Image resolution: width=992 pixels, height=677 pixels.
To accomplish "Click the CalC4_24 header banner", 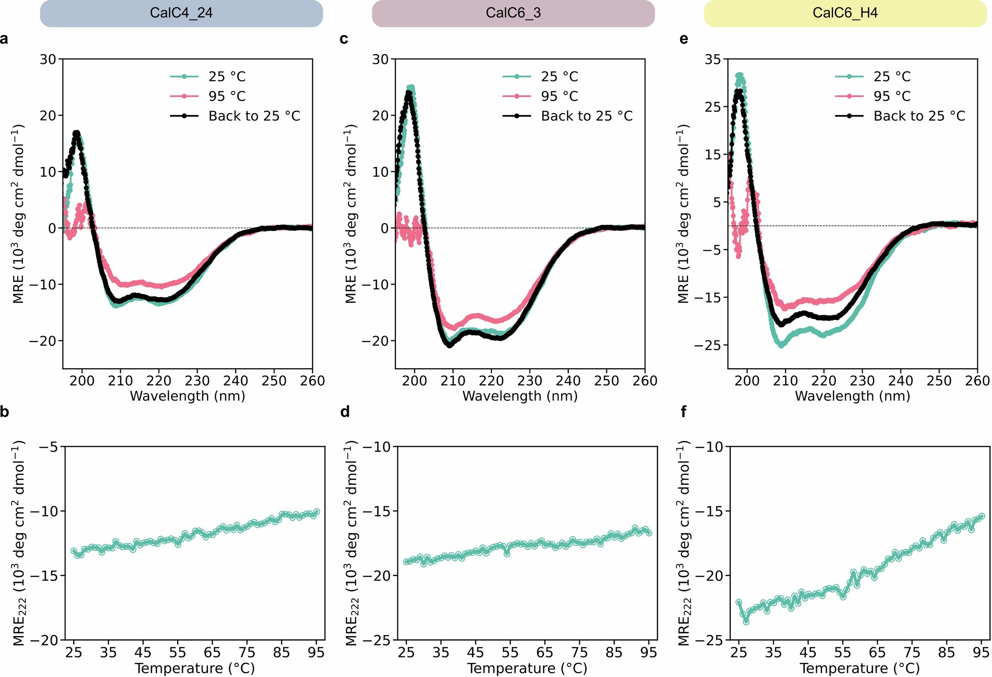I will pyautogui.click(x=181, y=13).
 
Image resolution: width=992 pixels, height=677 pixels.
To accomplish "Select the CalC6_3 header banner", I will pyautogui.click(x=513, y=13).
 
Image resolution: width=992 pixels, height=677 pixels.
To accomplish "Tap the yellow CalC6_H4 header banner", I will pyautogui.click(x=845, y=13).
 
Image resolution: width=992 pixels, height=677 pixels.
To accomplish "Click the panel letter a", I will pyautogui.click(x=4, y=39).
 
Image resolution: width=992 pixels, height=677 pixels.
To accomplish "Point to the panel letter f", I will pyautogui.click(x=683, y=412).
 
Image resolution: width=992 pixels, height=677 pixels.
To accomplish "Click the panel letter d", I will pyautogui.click(x=345, y=412).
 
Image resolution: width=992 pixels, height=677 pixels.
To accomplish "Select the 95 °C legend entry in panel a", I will pyautogui.click(x=227, y=97).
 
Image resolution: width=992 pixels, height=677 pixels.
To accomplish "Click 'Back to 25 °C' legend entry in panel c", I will pyautogui.click(x=586, y=116).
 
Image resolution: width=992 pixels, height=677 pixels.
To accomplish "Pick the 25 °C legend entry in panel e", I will pyautogui.click(x=892, y=77).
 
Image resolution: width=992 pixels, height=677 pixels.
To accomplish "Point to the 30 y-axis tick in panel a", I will pyautogui.click(x=48, y=60).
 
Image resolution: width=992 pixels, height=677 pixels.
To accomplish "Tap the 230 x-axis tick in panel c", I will pyautogui.click(x=530, y=381).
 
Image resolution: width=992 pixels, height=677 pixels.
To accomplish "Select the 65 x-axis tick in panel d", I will pyautogui.click(x=545, y=653).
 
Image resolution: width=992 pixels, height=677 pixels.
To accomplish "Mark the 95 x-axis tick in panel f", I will pyautogui.click(x=981, y=653).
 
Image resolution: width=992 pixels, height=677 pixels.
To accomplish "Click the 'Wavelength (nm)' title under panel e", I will pyautogui.click(x=852, y=396).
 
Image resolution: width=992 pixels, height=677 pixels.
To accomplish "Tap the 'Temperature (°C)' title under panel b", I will pyautogui.click(x=195, y=668).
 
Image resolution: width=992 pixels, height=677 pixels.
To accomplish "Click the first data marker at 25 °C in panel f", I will pyautogui.click(x=739, y=602).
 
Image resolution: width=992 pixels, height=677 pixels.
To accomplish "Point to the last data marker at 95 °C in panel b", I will pyautogui.click(x=316, y=512).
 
